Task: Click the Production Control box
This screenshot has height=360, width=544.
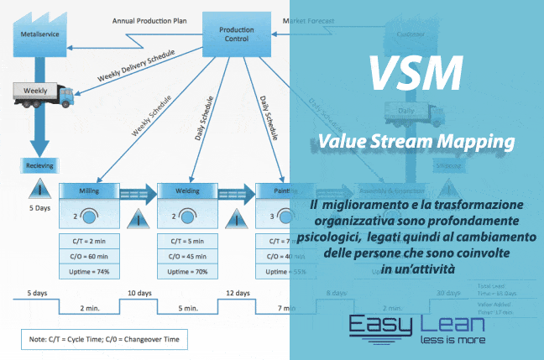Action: click(236, 33)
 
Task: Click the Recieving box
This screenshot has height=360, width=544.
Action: click(35, 166)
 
